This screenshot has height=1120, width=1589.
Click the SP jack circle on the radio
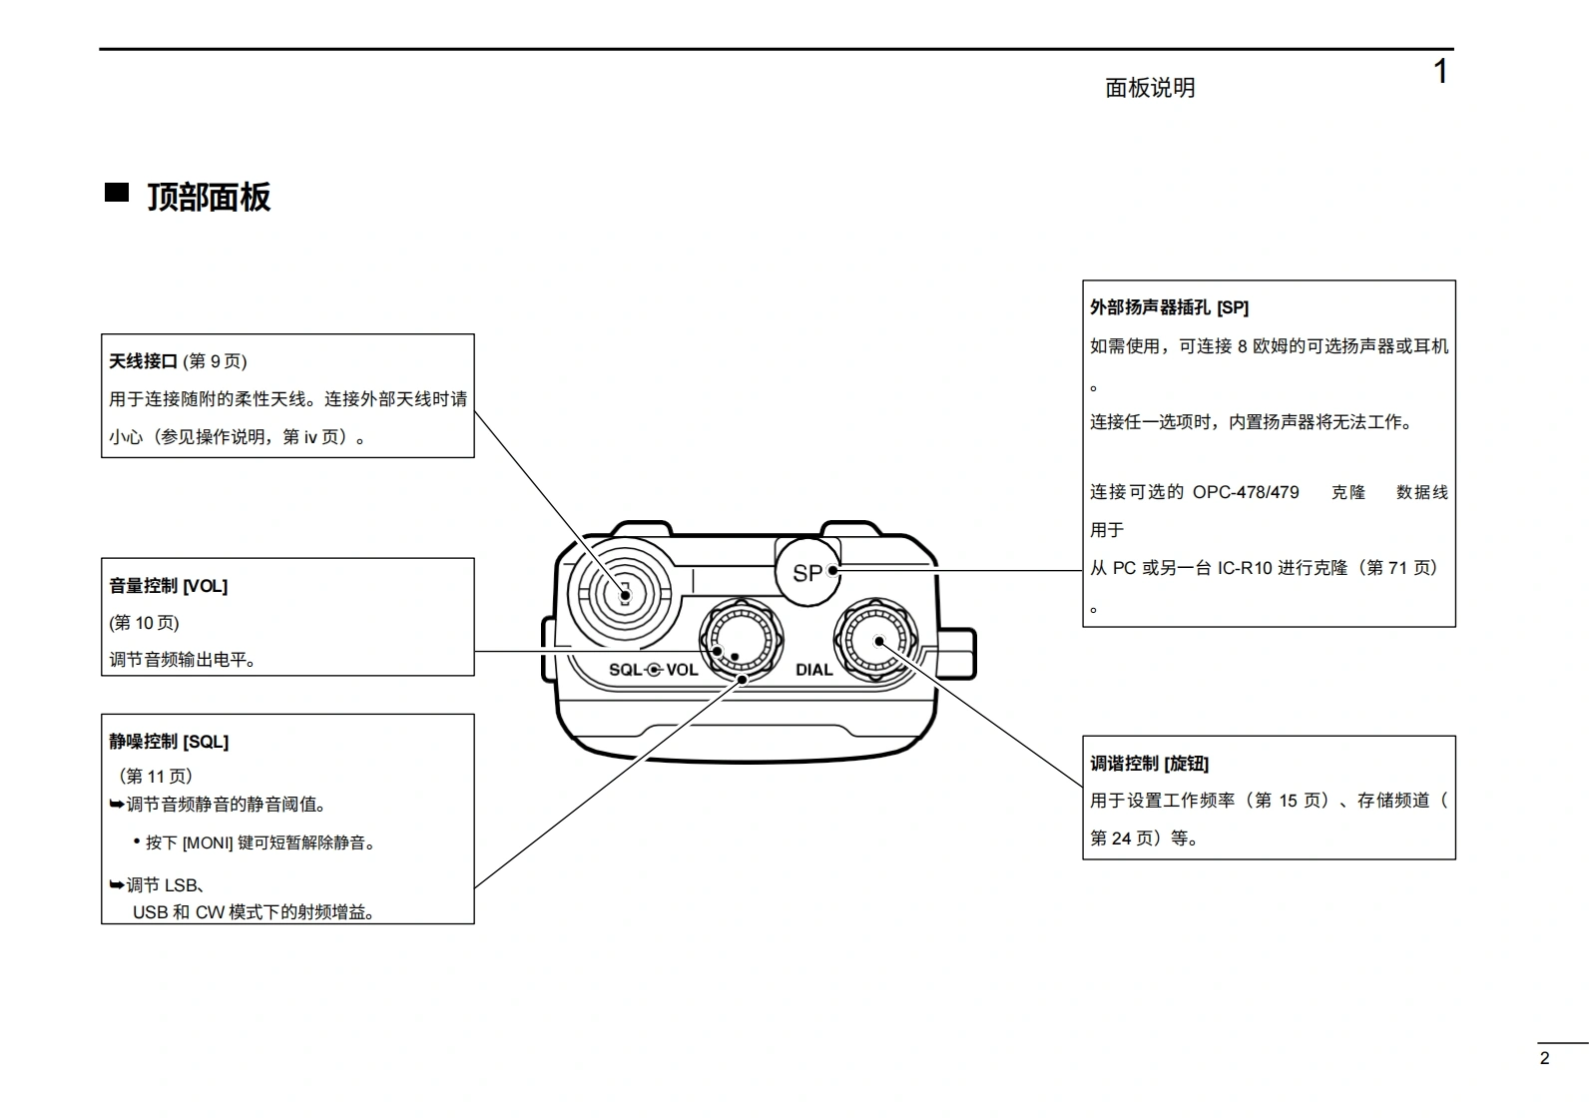coord(806,573)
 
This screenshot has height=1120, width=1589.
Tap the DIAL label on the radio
coord(813,670)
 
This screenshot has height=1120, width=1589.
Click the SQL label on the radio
coord(626,670)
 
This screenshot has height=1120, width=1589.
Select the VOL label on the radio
coord(682,670)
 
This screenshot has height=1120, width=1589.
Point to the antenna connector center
coord(624,594)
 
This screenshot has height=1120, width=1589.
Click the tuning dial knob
coord(876,639)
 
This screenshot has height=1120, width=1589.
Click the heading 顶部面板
coord(209,197)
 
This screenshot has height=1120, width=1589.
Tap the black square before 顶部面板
coord(117,193)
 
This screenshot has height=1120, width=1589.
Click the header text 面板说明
coord(1150,88)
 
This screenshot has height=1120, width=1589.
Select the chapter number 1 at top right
coord(1440,72)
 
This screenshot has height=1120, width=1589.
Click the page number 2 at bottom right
coord(1544,1059)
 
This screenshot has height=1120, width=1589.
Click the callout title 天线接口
coord(143,361)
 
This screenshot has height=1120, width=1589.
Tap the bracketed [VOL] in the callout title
coord(205,586)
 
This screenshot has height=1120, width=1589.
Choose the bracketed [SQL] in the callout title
coord(206,742)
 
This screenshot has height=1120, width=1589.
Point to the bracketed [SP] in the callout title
coord(1233,307)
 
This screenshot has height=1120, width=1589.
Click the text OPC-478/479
coord(1246,492)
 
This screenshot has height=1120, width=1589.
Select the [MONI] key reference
coord(208,842)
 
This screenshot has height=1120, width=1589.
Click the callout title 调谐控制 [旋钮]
coord(1149,764)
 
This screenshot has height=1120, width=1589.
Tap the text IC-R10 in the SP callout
coord(1245,568)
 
